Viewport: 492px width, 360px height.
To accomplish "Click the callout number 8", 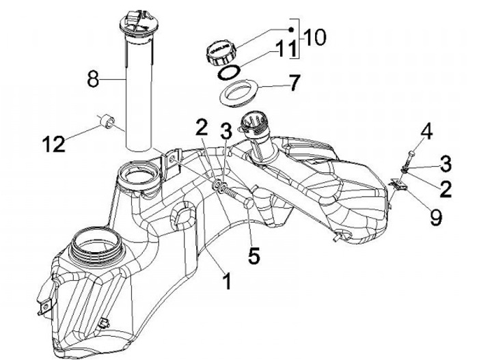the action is pos(93,79).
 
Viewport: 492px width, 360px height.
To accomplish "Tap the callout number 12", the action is pos(54,144).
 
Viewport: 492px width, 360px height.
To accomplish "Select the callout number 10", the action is pos(315,38).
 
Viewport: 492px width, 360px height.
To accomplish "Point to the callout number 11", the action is pos(286,49).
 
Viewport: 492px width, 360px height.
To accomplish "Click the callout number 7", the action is pos(295,83).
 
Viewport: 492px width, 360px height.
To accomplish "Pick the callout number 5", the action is pos(254,255).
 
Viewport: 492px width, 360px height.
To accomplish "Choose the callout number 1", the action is pos(227,281).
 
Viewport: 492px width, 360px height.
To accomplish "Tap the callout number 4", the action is pos(426,131).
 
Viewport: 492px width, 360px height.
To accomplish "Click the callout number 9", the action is pos(436,217).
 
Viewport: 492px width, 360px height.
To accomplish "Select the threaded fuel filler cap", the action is pos(221,52).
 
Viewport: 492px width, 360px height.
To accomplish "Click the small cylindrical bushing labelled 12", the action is pos(107,121).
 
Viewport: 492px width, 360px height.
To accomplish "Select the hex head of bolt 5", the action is pos(249,204).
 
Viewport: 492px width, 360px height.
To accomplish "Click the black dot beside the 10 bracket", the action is pos(291,29).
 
